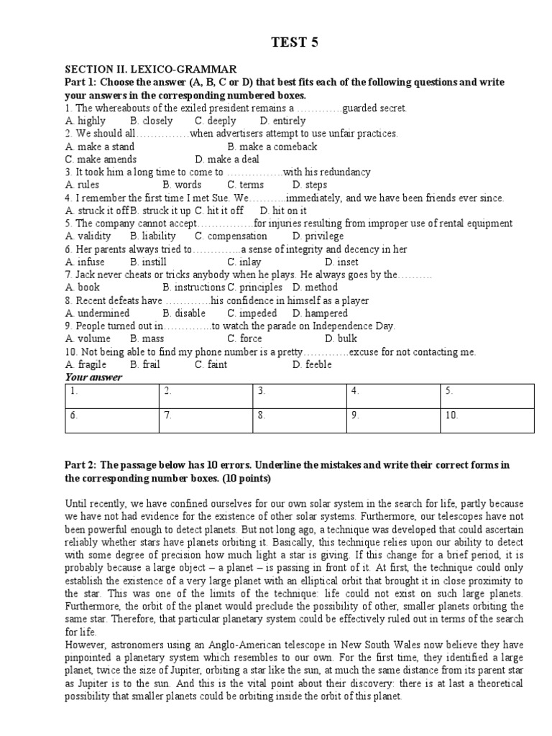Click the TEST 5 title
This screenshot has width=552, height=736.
(x=293, y=42)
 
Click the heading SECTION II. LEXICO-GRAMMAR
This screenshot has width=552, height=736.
(x=151, y=69)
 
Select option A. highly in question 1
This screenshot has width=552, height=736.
(x=85, y=121)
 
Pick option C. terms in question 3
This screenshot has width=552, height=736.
(x=247, y=185)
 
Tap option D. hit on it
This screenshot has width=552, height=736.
(x=283, y=211)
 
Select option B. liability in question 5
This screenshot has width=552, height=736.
(x=153, y=236)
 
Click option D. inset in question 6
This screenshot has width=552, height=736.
(x=341, y=262)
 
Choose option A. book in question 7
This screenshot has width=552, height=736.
(x=83, y=287)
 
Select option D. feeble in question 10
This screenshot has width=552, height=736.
(x=312, y=364)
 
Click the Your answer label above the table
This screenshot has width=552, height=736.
(x=93, y=377)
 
